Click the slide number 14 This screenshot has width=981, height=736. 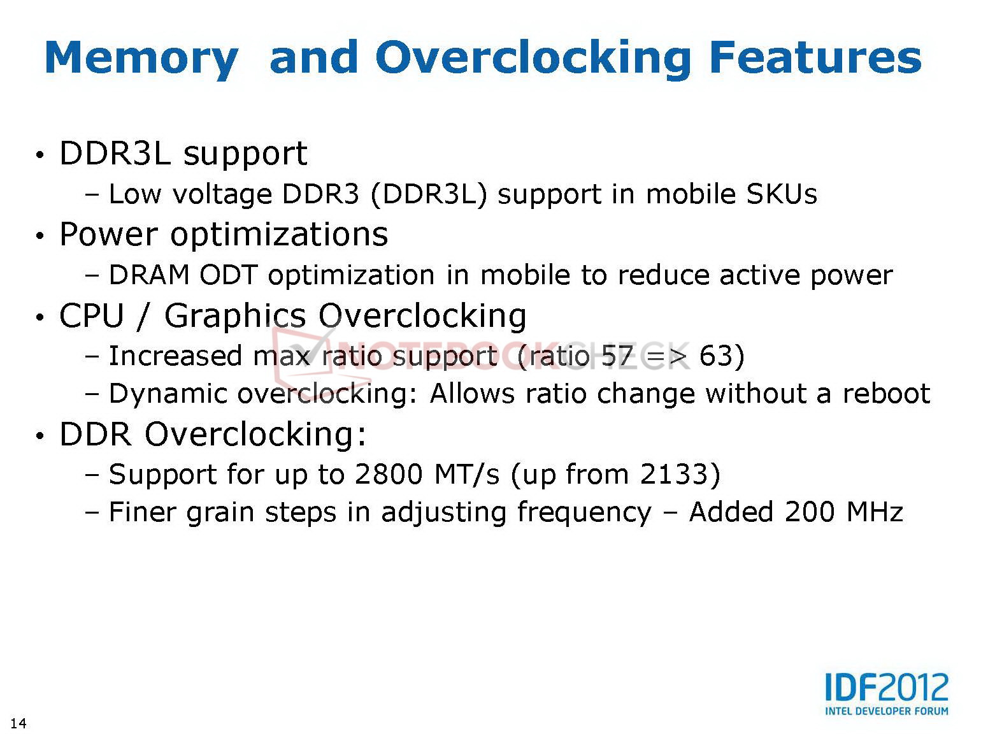tap(18, 723)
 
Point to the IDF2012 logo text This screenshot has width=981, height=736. tap(886, 687)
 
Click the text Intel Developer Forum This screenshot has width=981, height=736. tap(886, 711)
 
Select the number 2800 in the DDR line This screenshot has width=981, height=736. tap(389, 474)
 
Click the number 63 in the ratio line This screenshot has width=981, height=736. tap(716, 356)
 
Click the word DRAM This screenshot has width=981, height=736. tap(149, 275)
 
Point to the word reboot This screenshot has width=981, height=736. tap(886, 393)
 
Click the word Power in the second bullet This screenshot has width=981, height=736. tap(108, 234)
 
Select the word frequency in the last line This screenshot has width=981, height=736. tap(584, 512)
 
